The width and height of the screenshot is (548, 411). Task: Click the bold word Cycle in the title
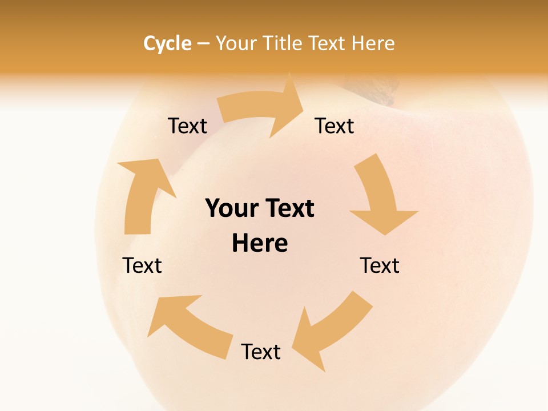[167, 43]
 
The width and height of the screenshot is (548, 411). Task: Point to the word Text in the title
[331, 43]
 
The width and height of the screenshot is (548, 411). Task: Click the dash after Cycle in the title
[203, 43]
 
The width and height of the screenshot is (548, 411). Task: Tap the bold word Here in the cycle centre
[260, 243]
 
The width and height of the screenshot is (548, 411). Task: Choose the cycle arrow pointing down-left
[331, 331]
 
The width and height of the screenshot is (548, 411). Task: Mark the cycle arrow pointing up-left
[188, 325]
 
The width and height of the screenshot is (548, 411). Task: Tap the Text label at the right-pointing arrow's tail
[187, 126]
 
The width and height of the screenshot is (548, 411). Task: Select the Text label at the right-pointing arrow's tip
[335, 126]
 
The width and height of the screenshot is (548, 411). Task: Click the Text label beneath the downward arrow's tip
[380, 265]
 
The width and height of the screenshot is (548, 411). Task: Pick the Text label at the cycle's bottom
[261, 352]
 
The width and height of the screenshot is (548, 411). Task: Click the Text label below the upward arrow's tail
[142, 265]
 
